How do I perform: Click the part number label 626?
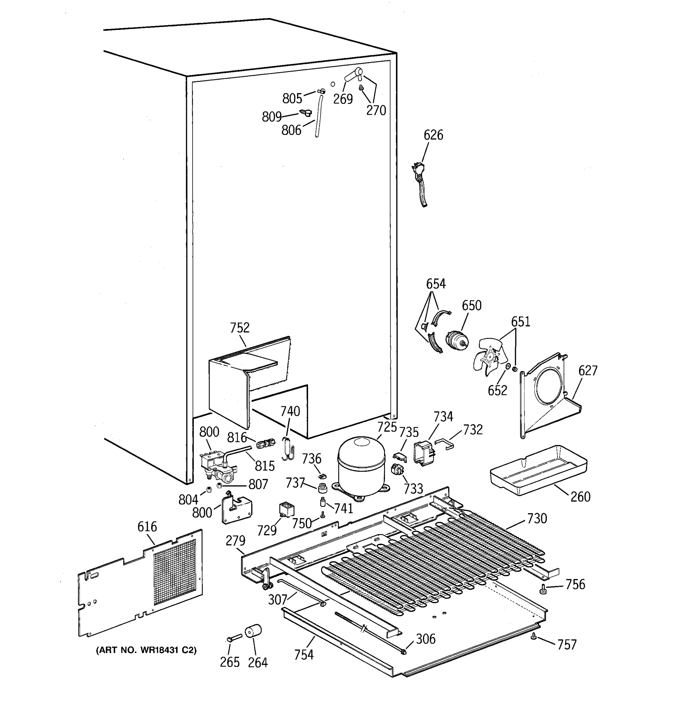click(x=433, y=135)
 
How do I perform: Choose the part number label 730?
click(x=537, y=519)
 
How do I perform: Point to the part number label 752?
click(x=240, y=328)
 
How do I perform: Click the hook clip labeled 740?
click(x=288, y=450)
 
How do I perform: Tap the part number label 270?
click(x=376, y=110)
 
